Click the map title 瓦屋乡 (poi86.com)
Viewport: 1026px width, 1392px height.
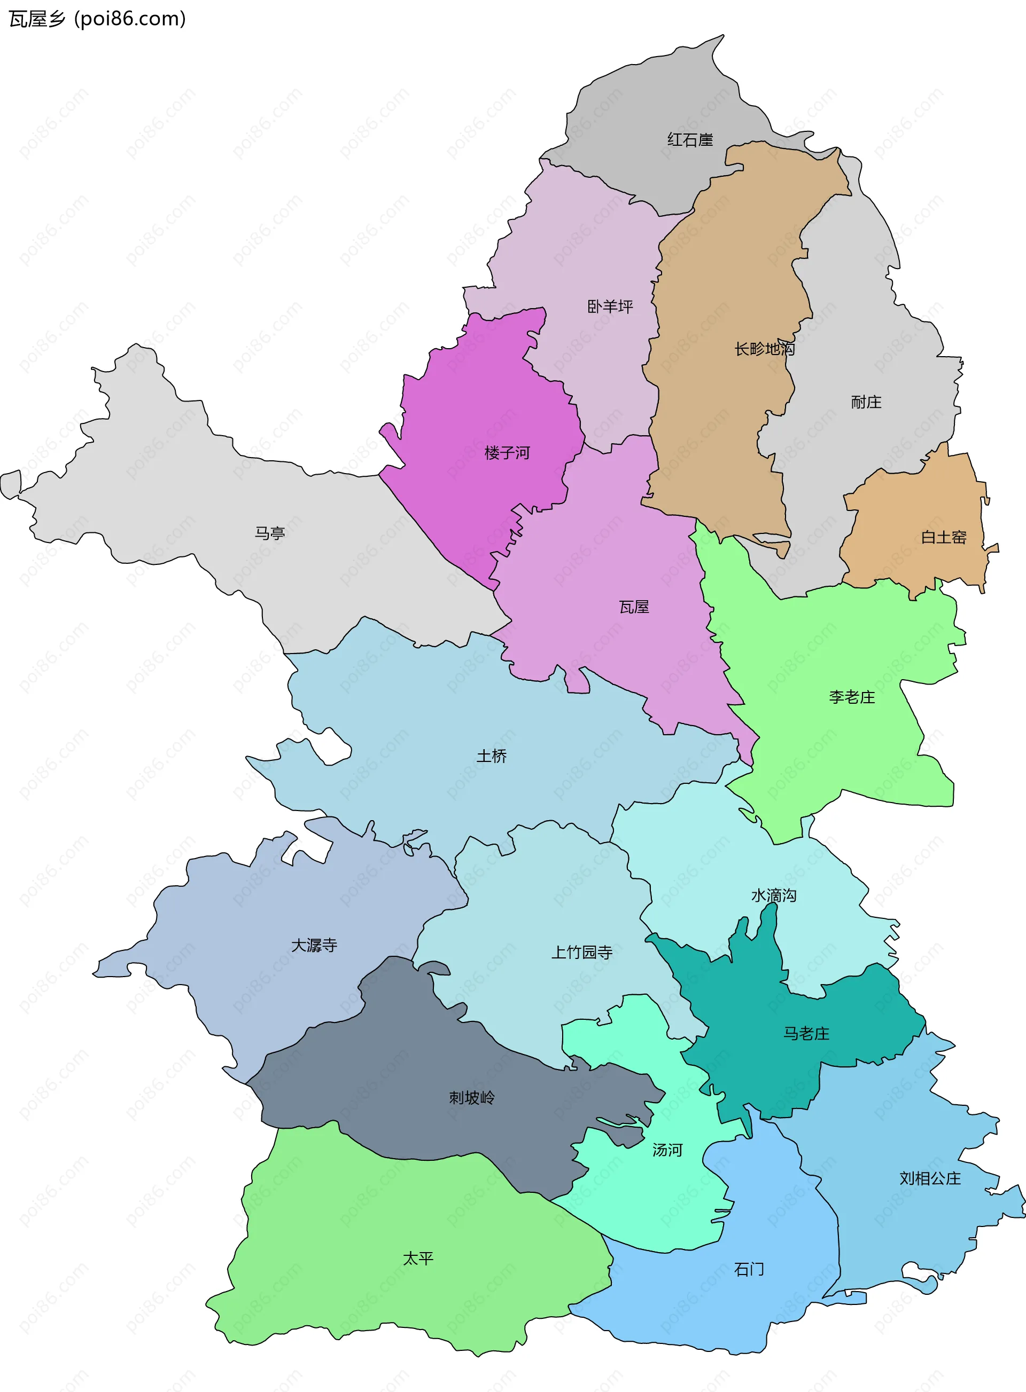[97, 19]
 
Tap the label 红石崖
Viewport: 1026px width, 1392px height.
[690, 140]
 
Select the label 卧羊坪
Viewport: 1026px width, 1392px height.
[610, 306]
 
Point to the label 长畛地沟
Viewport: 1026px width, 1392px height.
[765, 349]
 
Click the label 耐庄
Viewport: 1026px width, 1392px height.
[866, 402]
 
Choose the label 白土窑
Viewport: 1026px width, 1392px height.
[943, 538]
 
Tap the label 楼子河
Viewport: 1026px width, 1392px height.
[507, 453]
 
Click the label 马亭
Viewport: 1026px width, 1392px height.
[269, 533]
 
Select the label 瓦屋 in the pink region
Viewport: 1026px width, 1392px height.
[633, 607]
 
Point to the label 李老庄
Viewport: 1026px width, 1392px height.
[851, 697]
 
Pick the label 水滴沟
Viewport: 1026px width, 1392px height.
[773, 895]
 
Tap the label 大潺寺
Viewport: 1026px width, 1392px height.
[314, 945]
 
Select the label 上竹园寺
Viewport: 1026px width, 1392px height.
[581, 952]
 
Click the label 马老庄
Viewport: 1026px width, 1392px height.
[805, 1033]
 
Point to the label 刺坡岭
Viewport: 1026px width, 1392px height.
[471, 1098]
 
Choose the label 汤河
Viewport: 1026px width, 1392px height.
[667, 1150]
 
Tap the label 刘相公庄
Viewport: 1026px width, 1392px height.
[930, 1178]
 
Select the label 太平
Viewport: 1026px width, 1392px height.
[417, 1259]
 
